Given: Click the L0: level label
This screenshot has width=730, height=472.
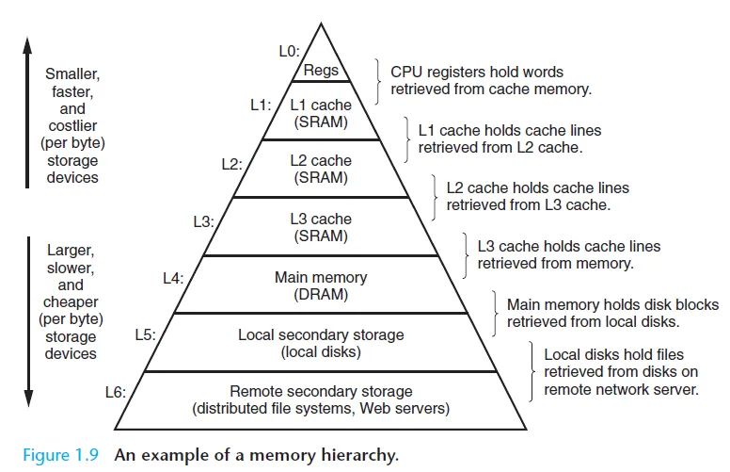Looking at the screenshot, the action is click(x=289, y=51).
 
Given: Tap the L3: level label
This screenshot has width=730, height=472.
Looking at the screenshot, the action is click(x=203, y=221).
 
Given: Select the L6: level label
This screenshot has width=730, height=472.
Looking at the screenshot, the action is click(x=116, y=392).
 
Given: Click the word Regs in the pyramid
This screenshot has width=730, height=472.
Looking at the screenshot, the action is click(x=321, y=71).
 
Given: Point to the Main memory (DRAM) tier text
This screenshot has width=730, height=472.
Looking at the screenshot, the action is click(x=321, y=285).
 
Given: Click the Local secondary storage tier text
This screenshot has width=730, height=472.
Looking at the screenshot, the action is click(x=321, y=334).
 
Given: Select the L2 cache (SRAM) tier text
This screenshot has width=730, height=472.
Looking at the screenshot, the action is click(x=321, y=169).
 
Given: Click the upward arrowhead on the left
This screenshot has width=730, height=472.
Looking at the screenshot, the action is click(x=27, y=45).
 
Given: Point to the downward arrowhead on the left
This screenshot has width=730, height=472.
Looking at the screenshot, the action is click(x=28, y=398).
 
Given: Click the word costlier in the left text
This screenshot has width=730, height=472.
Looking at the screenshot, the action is click(x=72, y=125).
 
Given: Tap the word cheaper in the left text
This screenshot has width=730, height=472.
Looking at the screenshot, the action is click(x=71, y=302).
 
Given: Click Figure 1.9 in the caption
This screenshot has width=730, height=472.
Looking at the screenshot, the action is click(x=60, y=455).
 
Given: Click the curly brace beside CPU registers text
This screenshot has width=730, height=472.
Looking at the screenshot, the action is click(x=377, y=82).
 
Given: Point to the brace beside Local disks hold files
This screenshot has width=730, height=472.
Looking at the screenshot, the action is click(x=532, y=371).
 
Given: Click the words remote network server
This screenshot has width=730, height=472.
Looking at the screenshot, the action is click(x=621, y=389).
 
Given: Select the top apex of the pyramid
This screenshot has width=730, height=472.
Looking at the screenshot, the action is click(x=321, y=24).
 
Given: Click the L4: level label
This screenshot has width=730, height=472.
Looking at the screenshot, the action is click(x=173, y=279).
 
